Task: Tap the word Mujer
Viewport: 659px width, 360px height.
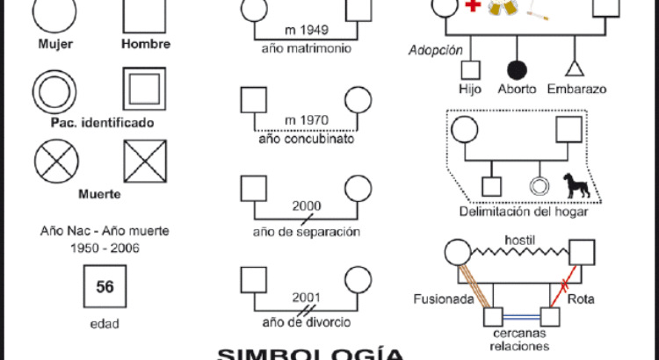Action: (55, 44)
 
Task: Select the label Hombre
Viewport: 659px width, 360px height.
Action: (146, 44)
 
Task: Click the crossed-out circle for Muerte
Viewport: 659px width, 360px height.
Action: (55, 160)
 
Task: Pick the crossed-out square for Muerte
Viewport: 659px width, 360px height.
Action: (146, 160)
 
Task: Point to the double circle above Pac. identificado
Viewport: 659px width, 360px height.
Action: (55, 90)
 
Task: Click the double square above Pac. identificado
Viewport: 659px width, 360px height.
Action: (146, 90)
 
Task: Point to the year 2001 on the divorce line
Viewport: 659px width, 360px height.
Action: (306, 296)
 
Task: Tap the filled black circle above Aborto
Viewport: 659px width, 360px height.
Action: (516, 68)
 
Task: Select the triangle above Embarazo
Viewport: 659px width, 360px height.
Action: (576, 68)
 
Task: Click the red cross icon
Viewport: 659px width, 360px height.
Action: (473, 6)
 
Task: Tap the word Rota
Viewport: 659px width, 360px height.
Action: (581, 299)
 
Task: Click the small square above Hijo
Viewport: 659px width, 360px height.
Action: (470, 69)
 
